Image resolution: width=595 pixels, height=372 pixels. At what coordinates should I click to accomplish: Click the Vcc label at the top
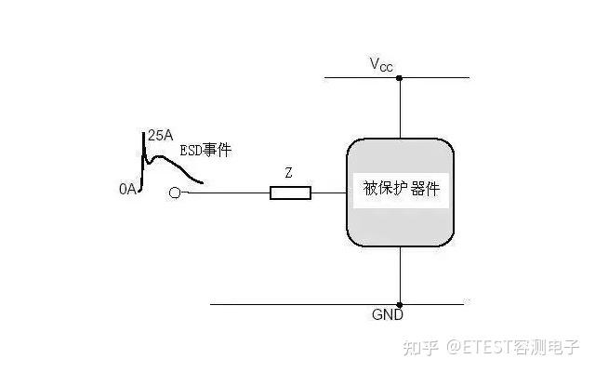(x=381, y=64)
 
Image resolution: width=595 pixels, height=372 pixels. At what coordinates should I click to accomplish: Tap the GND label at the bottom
(x=387, y=316)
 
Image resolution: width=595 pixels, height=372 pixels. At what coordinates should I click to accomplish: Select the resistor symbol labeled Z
(x=289, y=193)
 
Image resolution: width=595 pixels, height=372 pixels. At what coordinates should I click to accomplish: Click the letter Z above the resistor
(x=289, y=173)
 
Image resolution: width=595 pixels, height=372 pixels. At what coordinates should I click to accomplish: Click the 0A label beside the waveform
(x=128, y=189)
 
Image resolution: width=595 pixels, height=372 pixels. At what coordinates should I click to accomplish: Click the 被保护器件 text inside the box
(x=401, y=190)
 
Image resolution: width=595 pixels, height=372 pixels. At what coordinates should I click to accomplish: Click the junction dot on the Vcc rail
(x=400, y=78)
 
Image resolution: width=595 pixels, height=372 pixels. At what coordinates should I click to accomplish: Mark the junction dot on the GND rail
(x=400, y=304)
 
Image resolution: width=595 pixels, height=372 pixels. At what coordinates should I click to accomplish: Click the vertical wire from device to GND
(x=400, y=275)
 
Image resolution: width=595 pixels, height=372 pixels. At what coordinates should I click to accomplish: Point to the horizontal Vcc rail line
(x=437, y=78)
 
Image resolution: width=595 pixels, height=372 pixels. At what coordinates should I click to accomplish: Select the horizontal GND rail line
(x=297, y=304)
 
